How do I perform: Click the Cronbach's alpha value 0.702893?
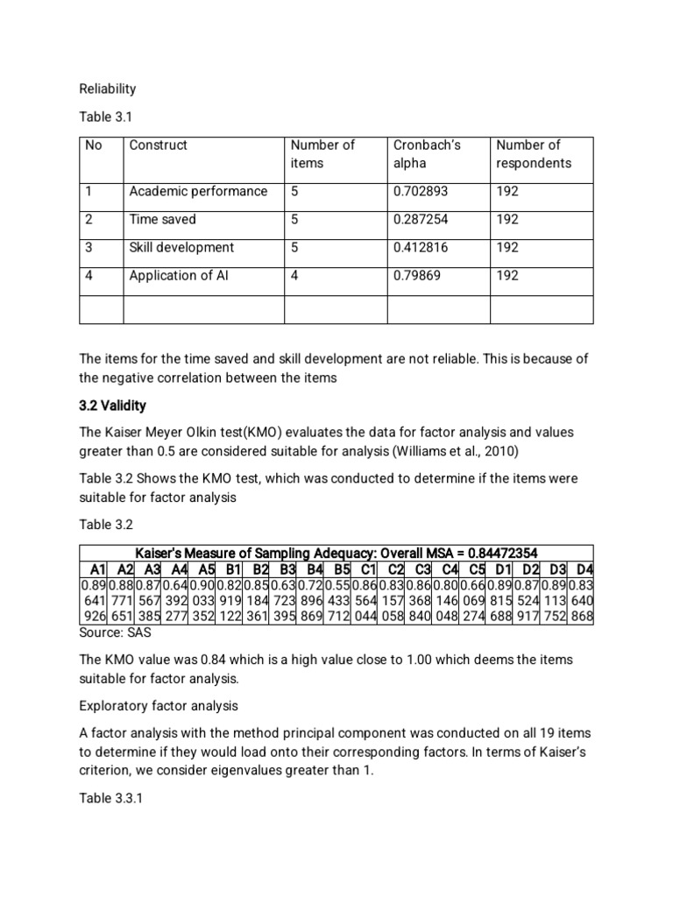click(421, 192)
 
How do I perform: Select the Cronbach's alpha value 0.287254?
click(421, 220)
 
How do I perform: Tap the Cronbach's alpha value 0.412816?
click(421, 248)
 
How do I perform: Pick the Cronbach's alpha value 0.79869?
click(417, 276)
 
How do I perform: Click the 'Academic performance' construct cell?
click(198, 192)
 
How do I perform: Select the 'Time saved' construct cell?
click(162, 220)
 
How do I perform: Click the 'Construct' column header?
click(158, 145)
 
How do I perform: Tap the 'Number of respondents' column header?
click(533, 154)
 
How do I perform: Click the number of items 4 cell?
click(294, 276)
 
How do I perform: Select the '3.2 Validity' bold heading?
click(113, 406)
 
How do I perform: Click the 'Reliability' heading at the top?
click(108, 89)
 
